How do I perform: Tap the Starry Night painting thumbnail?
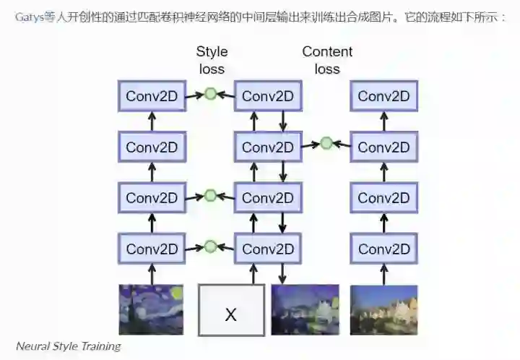(x=151, y=309)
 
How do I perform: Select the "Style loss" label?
(x=212, y=60)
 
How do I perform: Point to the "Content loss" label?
(x=327, y=60)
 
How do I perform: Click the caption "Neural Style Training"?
(x=69, y=346)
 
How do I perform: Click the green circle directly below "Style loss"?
(x=211, y=94)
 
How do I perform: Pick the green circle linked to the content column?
(x=326, y=143)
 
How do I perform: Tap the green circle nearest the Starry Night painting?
(x=211, y=247)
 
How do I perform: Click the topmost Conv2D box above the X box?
(x=268, y=96)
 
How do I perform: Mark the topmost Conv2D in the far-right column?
(x=383, y=96)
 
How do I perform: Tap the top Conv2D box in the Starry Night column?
(x=152, y=96)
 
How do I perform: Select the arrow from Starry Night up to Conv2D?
(x=152, y=274)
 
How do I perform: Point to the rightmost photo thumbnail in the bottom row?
(x=383, y=309)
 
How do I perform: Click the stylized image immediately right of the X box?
(x=305, y=309)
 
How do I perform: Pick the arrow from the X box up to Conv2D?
(x=253, y=274)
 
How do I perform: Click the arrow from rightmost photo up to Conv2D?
(x=383, y=274)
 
